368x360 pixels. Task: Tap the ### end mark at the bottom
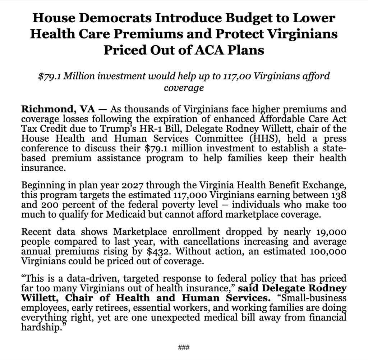point(184,347)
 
